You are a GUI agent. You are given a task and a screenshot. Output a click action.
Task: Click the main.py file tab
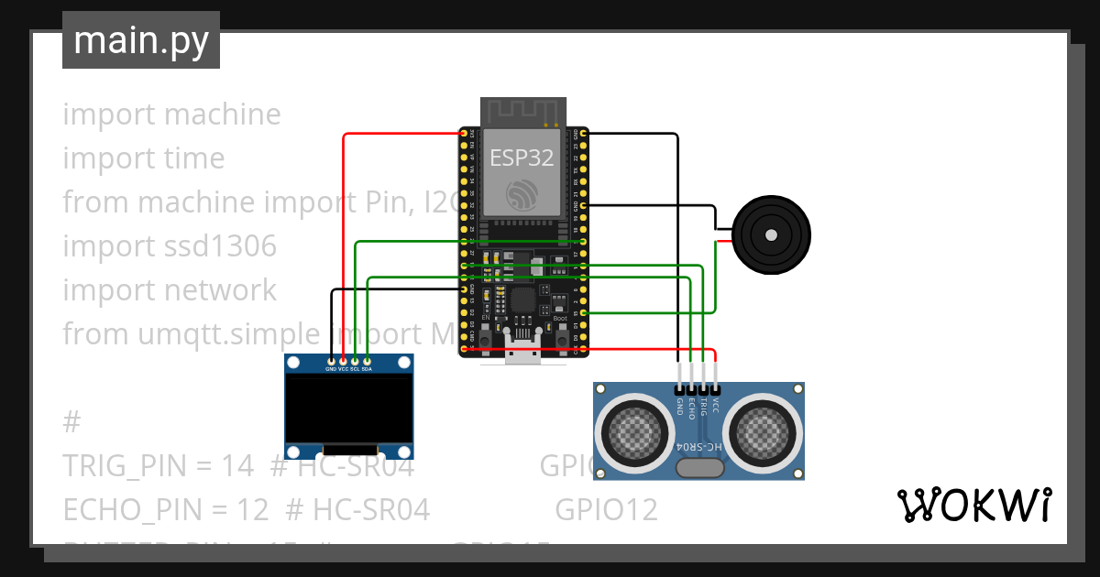(140, 40)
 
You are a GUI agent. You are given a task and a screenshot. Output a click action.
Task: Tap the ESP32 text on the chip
(521, 158)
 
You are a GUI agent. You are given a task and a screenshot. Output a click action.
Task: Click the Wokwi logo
(973, 505)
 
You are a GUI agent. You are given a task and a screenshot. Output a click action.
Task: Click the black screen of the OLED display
(348, 408)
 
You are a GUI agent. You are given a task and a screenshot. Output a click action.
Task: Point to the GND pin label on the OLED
(331, 369)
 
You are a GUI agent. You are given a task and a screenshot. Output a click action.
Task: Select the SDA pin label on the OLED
(367, 369)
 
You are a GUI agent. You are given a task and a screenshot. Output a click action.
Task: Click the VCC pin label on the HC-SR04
(716, 403)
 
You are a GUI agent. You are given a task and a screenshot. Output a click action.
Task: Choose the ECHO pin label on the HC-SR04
(692, 406)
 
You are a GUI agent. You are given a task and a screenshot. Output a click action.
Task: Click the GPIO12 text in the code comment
(606, 509)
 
